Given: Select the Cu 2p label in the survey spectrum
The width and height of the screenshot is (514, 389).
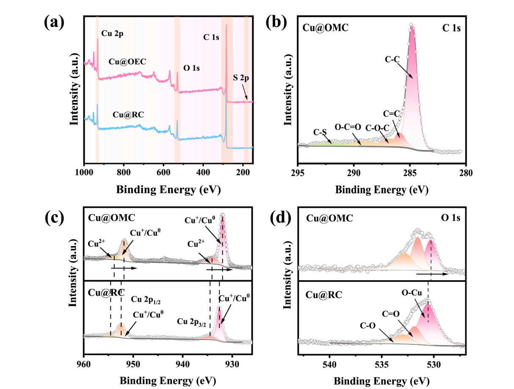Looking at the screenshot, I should tap(112, 33).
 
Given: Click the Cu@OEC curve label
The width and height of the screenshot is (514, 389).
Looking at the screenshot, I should tap(127, 62).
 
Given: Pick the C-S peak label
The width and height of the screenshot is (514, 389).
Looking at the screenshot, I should tap(320, 132).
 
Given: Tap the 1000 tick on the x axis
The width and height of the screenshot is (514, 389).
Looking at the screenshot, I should tap(84, 173).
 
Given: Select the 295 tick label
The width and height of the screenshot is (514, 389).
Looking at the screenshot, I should tap(298, 173).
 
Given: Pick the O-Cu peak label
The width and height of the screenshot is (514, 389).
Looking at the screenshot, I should tap(411, 293).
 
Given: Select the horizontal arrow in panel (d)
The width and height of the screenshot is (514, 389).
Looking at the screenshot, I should tap(432, 274).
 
